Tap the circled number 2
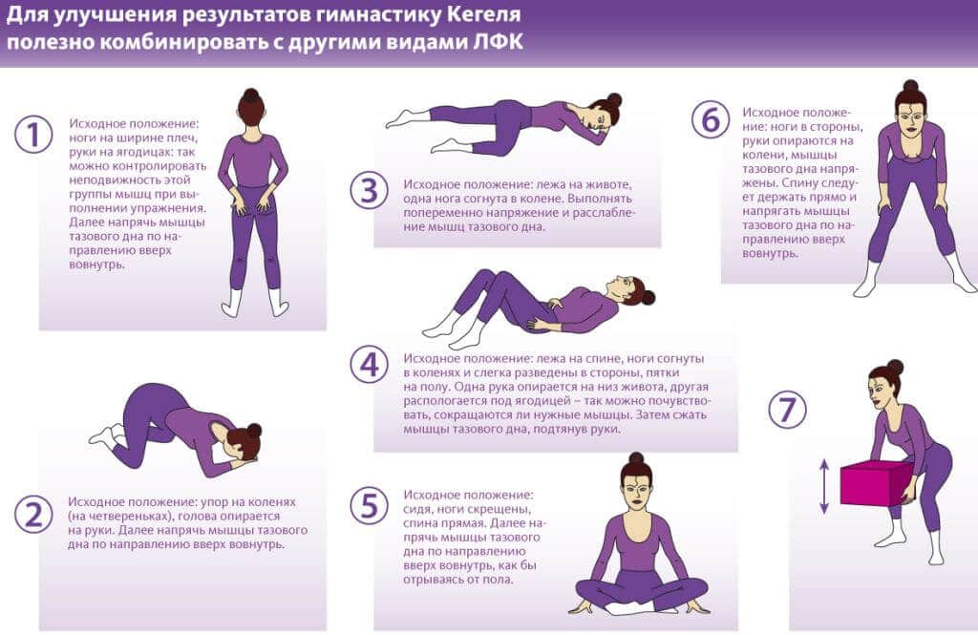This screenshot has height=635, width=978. tap(32, 516)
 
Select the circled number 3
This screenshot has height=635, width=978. tap(368, 190)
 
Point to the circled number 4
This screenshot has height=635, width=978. tap(368, 364)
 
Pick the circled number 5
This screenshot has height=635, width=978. tap(368, 504)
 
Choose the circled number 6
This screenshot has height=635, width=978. tap(710, 119)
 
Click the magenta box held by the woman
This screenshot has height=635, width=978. tap(874, 482)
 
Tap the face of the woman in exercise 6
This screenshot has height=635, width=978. tap(910, 121)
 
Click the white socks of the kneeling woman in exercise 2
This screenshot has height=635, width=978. tap(104, 435)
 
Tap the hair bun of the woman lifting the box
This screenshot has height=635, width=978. tap(895, 367)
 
